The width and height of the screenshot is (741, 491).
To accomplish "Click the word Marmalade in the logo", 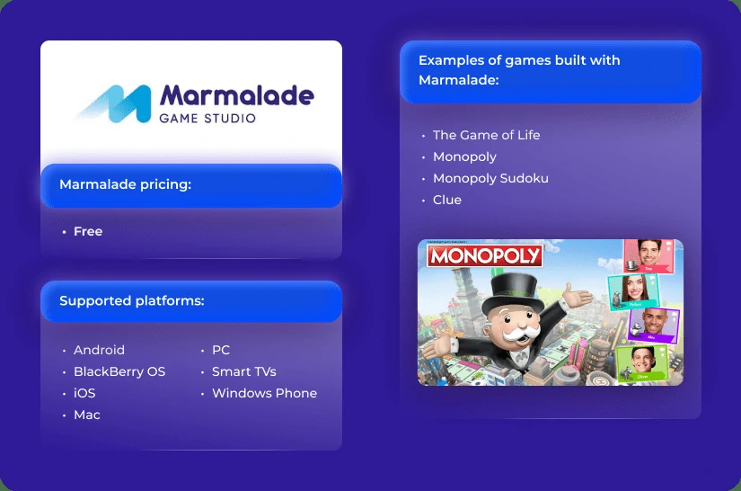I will [236, 94].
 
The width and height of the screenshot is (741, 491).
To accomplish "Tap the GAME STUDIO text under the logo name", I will [207, 118].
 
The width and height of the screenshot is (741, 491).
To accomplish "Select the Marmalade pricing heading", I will [126, 184].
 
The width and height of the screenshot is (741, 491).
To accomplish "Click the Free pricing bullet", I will [88, 231].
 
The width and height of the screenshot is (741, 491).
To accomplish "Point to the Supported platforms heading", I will [132, 300].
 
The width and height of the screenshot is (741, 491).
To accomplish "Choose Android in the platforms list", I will [99, 350].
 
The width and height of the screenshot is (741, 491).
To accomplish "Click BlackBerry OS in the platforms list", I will [119, 371].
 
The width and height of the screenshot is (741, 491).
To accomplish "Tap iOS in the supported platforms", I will [84, 393].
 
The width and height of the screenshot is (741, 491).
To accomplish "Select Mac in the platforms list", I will [87, 415].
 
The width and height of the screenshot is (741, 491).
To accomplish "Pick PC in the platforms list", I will [221, 350].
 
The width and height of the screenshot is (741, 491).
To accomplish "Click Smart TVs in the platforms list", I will [243, 371].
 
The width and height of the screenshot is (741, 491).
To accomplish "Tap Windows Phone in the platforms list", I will [264, 393].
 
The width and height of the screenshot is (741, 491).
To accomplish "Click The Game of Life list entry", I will [486, 135].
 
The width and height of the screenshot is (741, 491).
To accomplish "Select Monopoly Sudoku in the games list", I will [490, 178].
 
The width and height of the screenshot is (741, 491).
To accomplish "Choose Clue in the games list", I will [447, 200].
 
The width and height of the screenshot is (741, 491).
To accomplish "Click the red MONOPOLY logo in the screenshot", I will [485, 255].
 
